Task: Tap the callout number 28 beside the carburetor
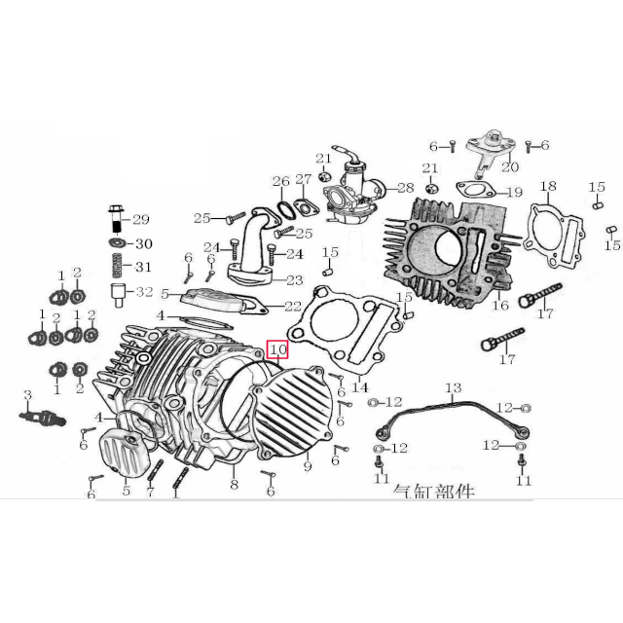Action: coord(405,188)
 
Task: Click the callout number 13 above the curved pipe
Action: coord(453,388)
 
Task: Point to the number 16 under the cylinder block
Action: coord(500,306)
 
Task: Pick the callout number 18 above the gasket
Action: coord(548,186)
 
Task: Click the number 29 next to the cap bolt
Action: coord(141,218)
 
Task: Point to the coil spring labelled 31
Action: coord(115,265)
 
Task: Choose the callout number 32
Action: coord(143,291)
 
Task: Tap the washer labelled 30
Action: coord(115,242)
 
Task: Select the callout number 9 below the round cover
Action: coord(307,466)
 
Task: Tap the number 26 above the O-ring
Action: coord(280,181)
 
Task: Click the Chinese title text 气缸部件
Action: coord(432,493)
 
